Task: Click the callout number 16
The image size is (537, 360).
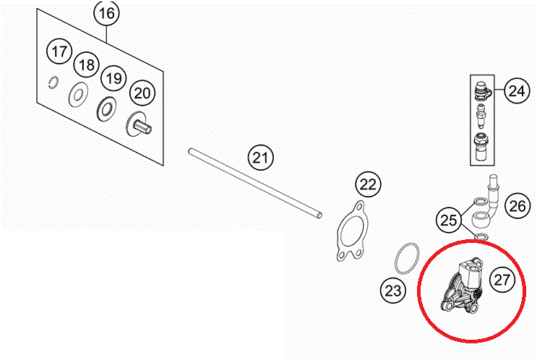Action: click(x=106, y=13)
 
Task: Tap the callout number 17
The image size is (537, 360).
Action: click(x=59, y=52)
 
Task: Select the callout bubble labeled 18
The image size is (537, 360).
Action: click(x=86, y=65)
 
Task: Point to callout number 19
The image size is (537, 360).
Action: click(x=113, y=79)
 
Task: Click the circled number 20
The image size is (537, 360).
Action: click(x=142, y=93)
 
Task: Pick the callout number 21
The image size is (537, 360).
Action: click(x=261, y=158)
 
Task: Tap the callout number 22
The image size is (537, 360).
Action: click(x=368, y=184)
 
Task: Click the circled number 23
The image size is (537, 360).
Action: click(x=393, y=291)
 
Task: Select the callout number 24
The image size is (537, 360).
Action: click(x=517, y=91)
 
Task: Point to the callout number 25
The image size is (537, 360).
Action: click(x=449, y=220)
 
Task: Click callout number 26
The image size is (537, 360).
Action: click(x=517, y=206)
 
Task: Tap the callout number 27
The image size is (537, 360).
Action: click(x=502, y=280)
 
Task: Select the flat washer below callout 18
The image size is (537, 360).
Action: click(x=79, y=94)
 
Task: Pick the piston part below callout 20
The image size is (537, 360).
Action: click(x=139, y=124)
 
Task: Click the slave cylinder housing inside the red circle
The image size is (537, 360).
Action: click(x=463, y=286)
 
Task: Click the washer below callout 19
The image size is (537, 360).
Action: click(x=106, y=110)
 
